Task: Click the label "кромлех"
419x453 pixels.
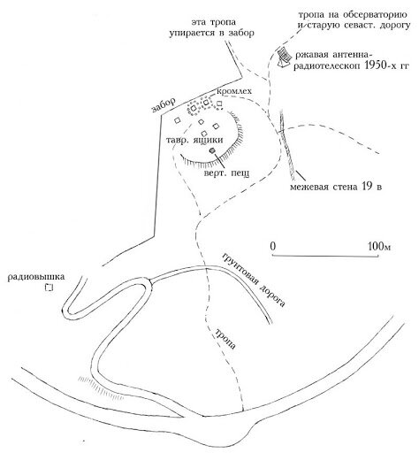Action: coord(234,92)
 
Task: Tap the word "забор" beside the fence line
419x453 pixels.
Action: coord(164,105)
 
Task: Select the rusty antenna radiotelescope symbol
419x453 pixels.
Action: coord(285,58)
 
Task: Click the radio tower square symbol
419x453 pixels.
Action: coord(49,288)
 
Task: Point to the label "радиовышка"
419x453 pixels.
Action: coord(36,277)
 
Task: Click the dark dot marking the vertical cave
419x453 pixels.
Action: coord(211,150)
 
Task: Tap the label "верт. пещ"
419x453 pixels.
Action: coord(226,173)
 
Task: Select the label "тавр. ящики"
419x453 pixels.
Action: coord(194,141)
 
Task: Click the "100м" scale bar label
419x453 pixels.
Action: coord(379,246)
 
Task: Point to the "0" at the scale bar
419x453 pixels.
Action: coord(273,246)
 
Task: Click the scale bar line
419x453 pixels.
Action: coord(325,256)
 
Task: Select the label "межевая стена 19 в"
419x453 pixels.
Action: coord(336,187)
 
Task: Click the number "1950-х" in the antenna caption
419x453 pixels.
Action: coord(380,65)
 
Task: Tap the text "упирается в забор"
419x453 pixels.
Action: coord(212,33)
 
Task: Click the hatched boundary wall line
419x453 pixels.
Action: coord(287,144)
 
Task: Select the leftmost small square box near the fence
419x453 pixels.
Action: coord(177,120)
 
